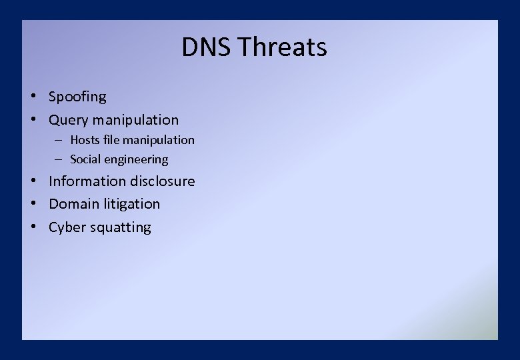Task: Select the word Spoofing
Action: (x=77, y=97)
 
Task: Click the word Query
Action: (x=69, y=120)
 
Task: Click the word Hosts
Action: (x=85, y=140)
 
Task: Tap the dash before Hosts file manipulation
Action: (x=59, y=140)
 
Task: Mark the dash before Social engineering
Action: (x=59, y=159)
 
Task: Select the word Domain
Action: (x=74, y=204)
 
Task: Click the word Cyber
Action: (x=67, y=227)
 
